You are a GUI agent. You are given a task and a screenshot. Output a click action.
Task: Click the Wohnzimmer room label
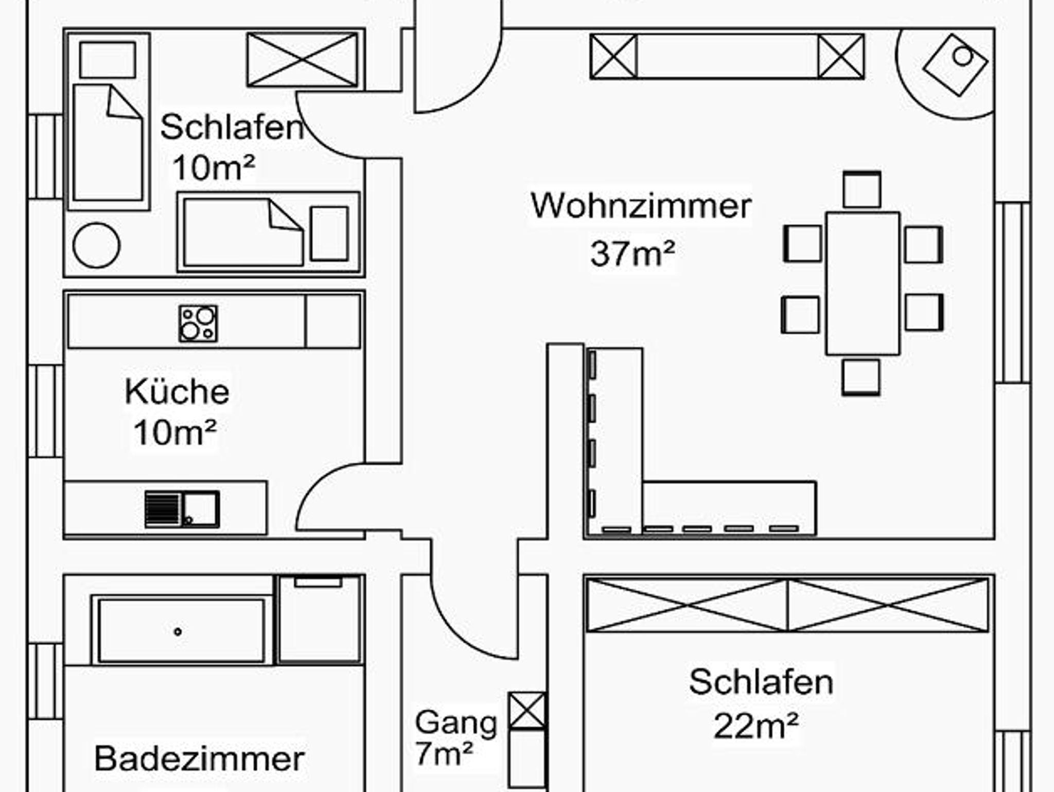click(641, 205)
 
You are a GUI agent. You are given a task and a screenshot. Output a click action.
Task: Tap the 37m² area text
click(632, 253)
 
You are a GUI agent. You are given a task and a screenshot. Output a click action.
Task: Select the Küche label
click(177, 391)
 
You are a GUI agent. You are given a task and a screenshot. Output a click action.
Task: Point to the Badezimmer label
click(199, 759)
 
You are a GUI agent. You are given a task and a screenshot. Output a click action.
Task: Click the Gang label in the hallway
click(455, 722)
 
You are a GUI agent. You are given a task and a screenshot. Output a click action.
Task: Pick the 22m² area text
click(756, 726)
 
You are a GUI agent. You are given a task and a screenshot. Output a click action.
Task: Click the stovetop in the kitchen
click(198, 323)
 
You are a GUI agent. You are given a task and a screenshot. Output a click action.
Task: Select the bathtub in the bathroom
click(181, 631)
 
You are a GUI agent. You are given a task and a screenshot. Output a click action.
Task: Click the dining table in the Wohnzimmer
click(863, 283)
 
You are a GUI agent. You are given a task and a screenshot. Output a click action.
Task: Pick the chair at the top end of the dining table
click(862, 190)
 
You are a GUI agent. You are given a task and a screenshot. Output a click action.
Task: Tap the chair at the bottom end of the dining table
click(860, 377)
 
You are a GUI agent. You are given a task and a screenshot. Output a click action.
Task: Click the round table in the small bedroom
click(96, 246)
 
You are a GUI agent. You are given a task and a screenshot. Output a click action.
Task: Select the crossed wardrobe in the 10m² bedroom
click(302, 59)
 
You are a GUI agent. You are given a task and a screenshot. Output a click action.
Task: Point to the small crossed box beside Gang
click(526, 711)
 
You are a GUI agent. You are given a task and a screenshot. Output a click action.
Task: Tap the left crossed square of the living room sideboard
click(613, 57)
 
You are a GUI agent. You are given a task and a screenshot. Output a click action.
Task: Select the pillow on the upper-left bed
click(108, 60)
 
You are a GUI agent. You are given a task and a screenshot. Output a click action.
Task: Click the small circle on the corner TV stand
click(962, 56)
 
